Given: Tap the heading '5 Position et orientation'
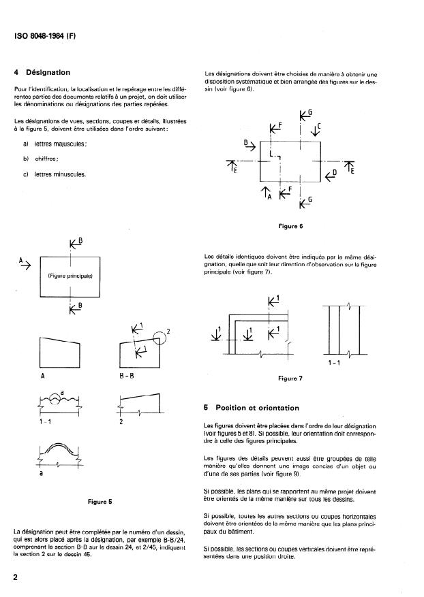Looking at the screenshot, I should (x=252, y=408).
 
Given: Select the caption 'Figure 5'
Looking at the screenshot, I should (x=100, y=502).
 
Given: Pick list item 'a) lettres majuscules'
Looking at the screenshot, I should (x=56, y=144).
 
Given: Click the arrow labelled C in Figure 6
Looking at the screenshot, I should (x=316, y=130).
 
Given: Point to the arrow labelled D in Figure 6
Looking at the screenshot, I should (x=332, y=175).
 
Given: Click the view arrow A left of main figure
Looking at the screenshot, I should (x=25, y=263).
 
